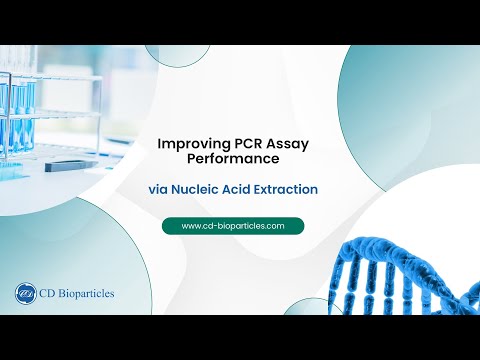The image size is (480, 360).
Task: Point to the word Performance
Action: [240, 159]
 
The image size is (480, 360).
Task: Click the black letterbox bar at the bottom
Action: [240, 337]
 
